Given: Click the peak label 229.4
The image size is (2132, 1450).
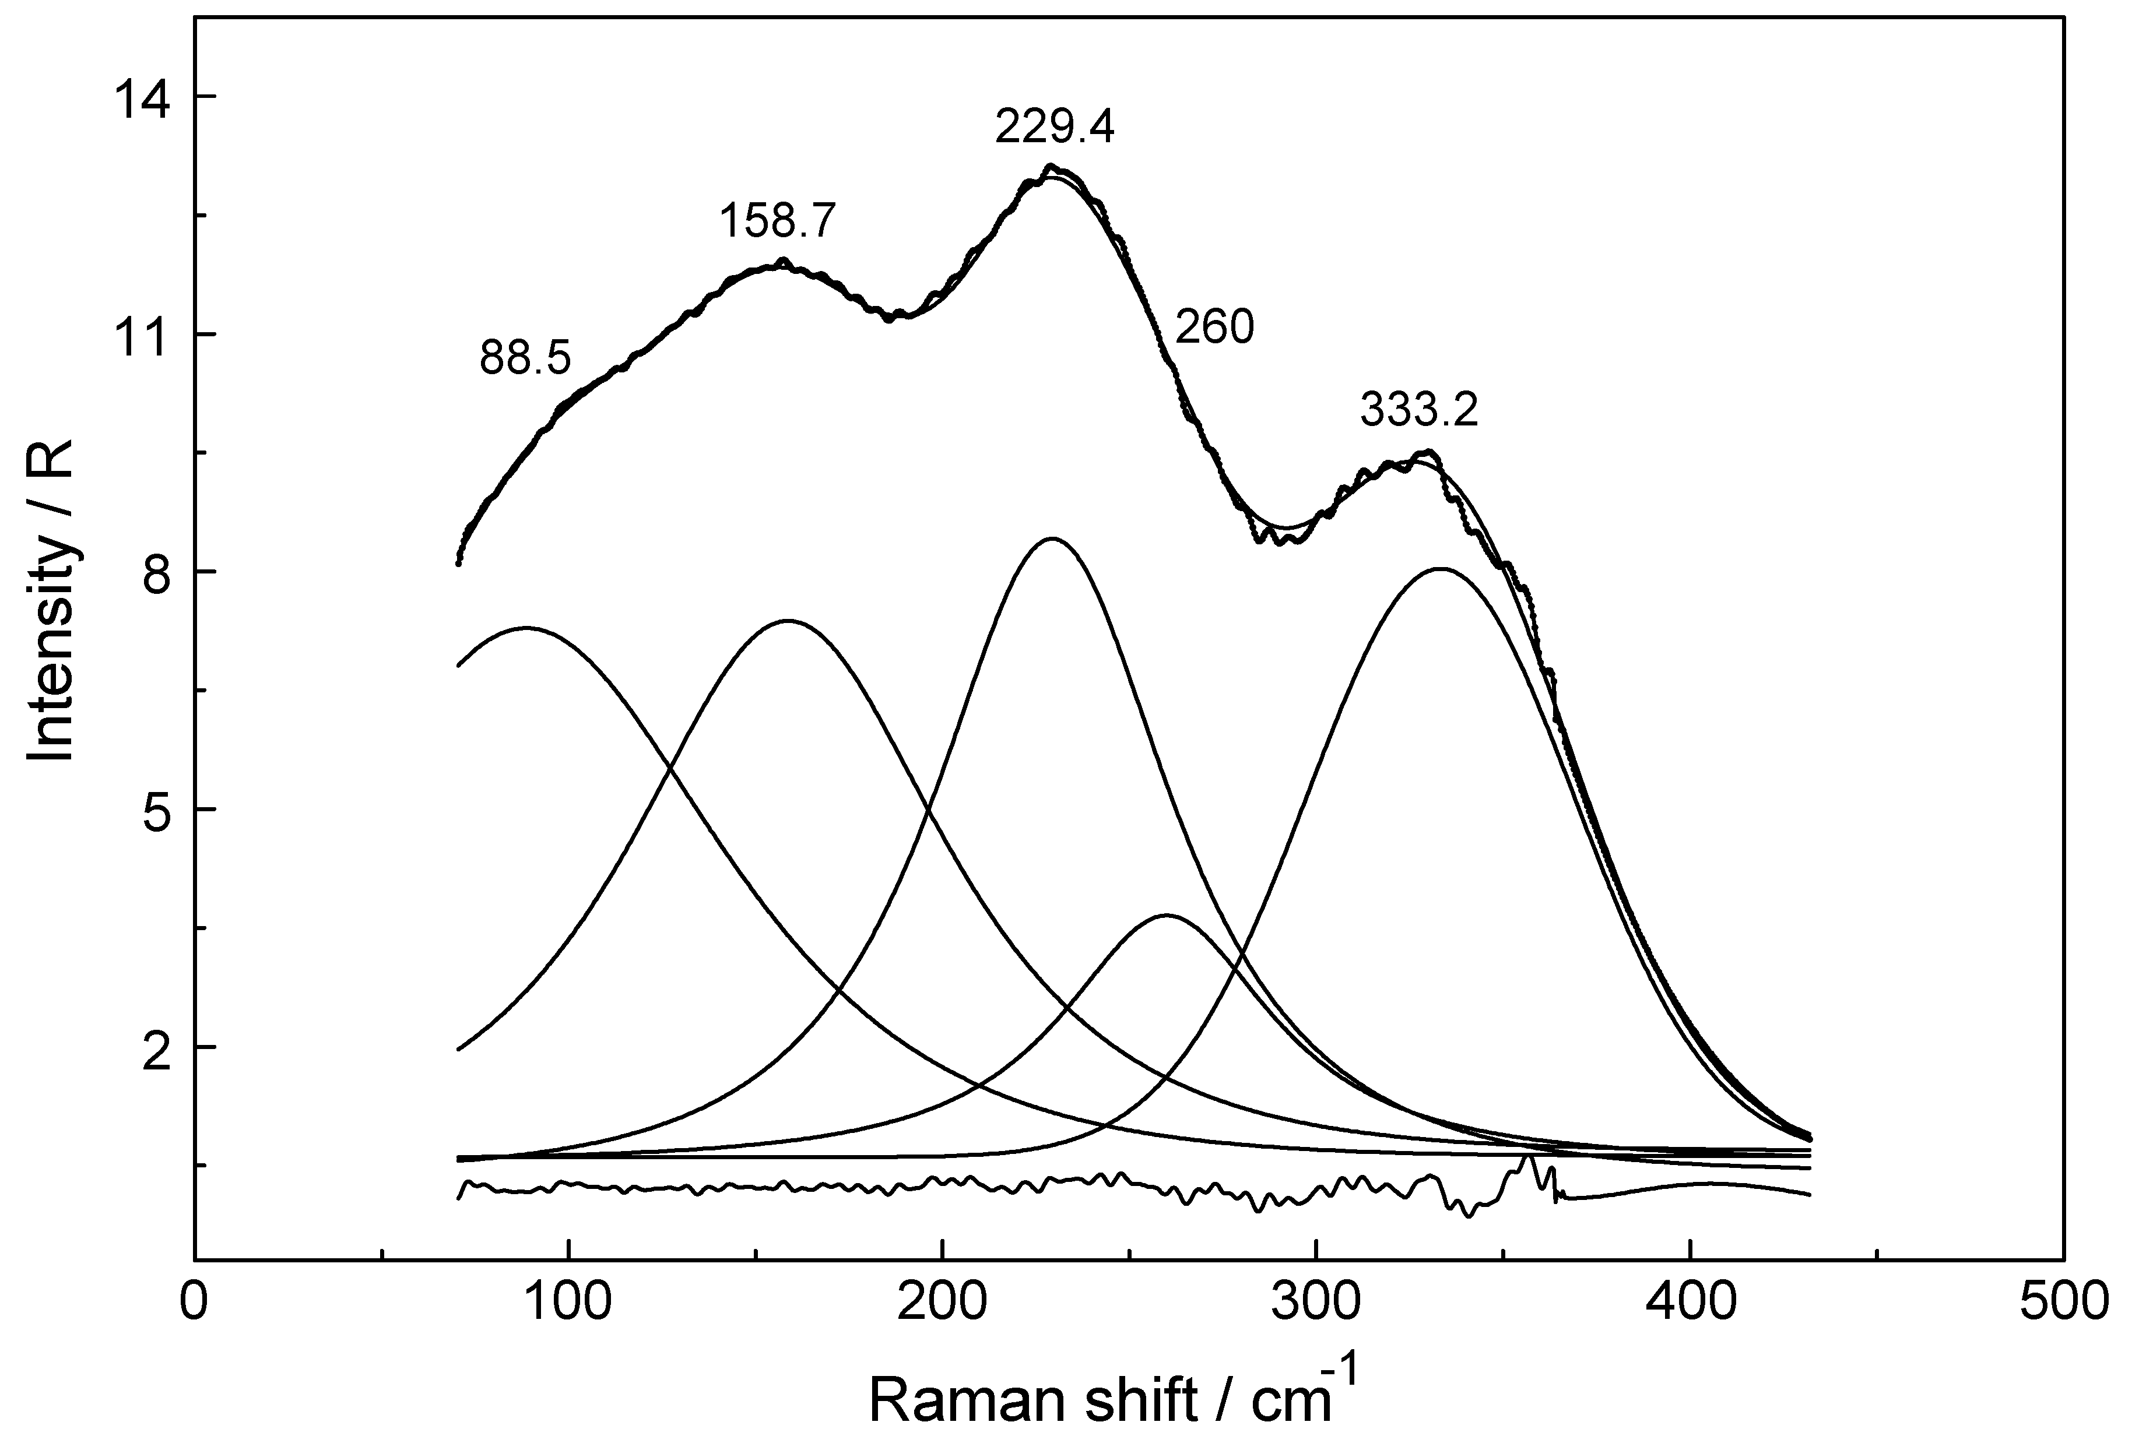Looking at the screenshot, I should coord(1055,128).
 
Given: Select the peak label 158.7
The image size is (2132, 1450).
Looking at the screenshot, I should coord(778,221).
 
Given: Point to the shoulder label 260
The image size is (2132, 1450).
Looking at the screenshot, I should coord(1214,328).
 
